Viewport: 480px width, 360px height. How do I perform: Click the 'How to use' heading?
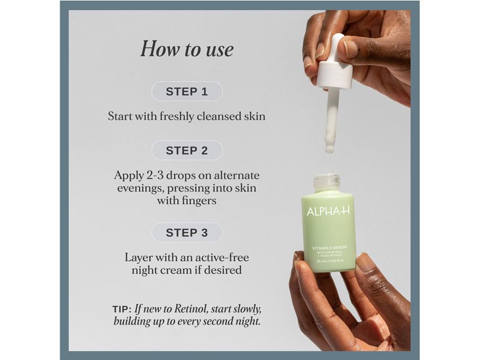[x=186, y=49]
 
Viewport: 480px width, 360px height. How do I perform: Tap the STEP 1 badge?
[x=186, y=91]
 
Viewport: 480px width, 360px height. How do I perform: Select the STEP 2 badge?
[x=186, y=150]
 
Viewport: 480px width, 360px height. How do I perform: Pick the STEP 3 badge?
[x=186, y=232]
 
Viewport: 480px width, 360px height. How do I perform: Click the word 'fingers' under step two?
[x=198, y=200]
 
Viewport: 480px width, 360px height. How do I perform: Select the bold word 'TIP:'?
[x=122, y=309]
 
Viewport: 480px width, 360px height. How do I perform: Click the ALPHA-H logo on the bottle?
[x=328, y=211]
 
